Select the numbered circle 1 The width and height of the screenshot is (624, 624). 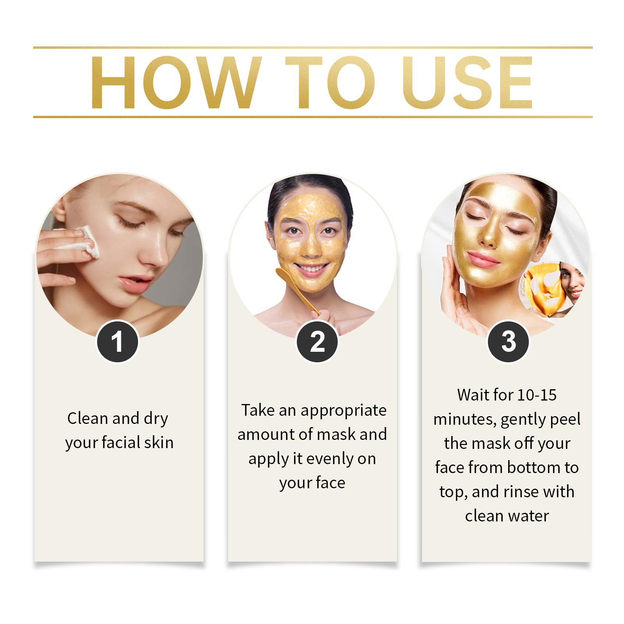coord(117,342)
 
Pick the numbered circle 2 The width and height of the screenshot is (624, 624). coord(317,342)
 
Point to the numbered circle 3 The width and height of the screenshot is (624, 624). coord(509,342)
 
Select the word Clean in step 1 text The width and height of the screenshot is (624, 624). coord(88,418)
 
